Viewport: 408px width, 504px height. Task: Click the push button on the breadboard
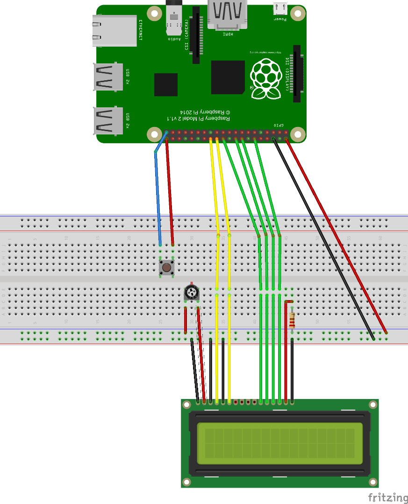coord(166,267)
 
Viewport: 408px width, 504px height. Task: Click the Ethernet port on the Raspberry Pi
coord(115,31)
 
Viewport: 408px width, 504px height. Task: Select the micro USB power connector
coord(280,8)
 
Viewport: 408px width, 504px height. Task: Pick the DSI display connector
coord(297,74)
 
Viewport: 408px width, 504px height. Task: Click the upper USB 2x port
coord(108,77)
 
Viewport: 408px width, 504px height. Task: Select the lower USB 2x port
coord(108,120)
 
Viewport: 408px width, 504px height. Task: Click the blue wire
coord(158,196)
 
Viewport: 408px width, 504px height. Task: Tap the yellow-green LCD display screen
coord(280,443)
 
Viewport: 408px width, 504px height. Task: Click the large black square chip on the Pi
coord(228,77)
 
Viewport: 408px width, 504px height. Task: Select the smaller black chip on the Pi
coord(166,84)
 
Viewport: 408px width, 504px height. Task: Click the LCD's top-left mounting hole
coord(187,405)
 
